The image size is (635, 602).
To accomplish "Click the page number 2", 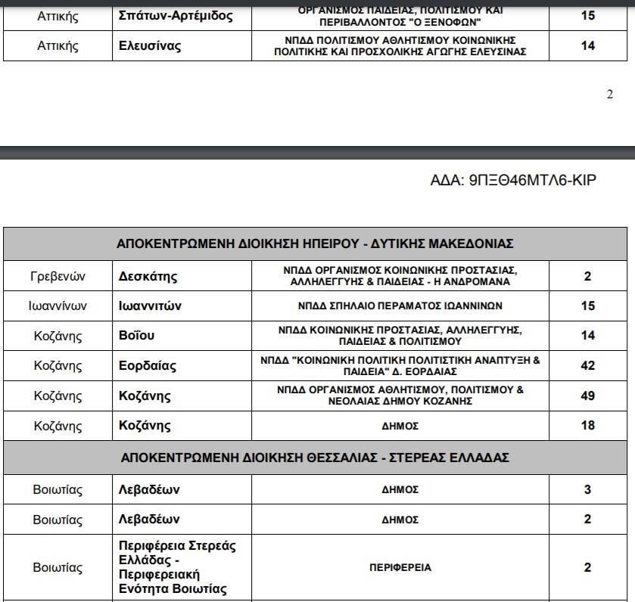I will click(x=610, y=95).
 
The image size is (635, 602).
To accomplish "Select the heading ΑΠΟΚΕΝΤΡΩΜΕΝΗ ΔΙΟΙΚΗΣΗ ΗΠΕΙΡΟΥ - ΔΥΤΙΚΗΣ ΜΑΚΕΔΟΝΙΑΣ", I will click(x=315, y=244).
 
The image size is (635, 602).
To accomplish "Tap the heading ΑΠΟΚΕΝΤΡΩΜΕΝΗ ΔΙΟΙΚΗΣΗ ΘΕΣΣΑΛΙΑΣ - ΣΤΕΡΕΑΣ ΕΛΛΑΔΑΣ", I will click(x=315, y=458).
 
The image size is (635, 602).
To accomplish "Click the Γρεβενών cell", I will click(x=58, y=276).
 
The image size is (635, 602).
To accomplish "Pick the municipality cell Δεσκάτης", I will click(x=148, y=276).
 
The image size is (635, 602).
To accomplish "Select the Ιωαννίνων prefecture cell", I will click(x=58, y=306).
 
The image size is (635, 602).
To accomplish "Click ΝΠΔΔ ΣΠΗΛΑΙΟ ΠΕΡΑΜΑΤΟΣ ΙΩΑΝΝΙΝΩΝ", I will click(x=400, y=306).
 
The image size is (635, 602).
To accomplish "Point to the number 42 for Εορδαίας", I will click(x=588, y=365).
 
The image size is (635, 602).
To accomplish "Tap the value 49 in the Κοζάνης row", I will click(x=588, y=396).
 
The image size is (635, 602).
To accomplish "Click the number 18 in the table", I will click(x=588, y=425).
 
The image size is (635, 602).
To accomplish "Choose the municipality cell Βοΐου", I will click(x=137, y=336).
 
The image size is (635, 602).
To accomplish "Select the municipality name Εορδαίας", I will click(x=148, y=366).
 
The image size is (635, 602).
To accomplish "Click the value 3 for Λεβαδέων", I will click(x=588, y=490).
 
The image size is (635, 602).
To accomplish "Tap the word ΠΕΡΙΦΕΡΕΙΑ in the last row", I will click(x=400, y=567).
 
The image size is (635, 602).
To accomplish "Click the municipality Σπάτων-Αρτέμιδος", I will click(x=176, y=15).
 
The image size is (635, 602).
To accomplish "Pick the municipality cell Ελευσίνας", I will click(x=150, y=46).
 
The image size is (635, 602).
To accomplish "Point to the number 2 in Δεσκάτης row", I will click(x=588, y=276).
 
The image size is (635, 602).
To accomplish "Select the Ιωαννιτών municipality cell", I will click(x=150, y=306).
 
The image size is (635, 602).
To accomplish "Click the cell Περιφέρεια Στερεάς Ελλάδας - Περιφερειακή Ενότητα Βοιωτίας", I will click(x=178, y=567).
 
